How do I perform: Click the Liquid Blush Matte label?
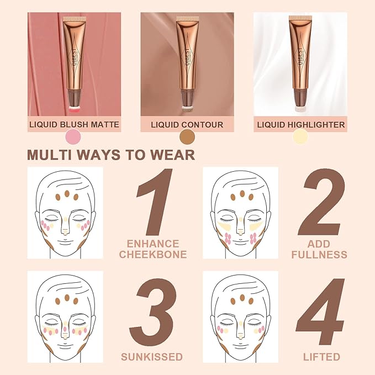(x=74, y=124)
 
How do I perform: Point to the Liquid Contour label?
(x=187, y=125)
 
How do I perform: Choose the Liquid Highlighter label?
(x=301, y=125)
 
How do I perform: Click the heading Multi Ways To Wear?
(x=111, y=154)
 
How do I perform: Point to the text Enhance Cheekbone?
(x=153, y=249)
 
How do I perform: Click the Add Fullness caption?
(x=320, y=249)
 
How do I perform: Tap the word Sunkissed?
(x=154, y=356)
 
